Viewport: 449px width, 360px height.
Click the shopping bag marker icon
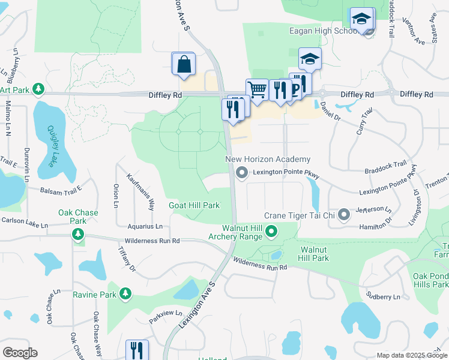tap(184, 64)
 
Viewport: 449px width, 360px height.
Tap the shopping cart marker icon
tap(257, 91)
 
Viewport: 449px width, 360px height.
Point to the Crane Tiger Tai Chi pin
tap(343, 214)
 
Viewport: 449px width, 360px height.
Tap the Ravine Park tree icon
tap(125, 294)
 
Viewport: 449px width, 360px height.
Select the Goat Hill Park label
tap(194, 205)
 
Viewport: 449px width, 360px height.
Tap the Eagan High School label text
tap(323, 31)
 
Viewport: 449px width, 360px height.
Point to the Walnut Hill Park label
tap(315, 253)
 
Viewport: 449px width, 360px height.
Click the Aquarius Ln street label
tap(145, 226)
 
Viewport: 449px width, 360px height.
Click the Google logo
tap(20, 353)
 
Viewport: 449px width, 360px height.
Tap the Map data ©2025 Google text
tap(411, 355)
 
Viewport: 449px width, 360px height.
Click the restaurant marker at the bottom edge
tap(137, 350)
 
